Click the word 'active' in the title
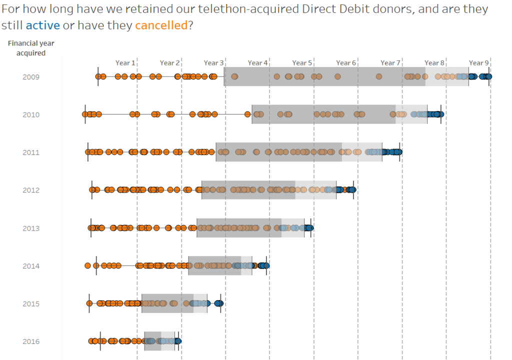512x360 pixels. coord(42,25)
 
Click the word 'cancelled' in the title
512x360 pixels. coord(160,25)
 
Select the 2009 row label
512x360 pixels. coord(31,77)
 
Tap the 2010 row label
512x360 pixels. coord(31,114)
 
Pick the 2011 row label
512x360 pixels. coord(31,152)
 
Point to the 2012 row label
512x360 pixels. coord(31,190)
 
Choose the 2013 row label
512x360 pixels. coord(31,228)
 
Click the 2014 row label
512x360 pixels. coord(31,266)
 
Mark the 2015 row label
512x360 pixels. coord(31,304)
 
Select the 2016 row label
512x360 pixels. coord(31,341)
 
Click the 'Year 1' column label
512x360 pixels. coord(125,63)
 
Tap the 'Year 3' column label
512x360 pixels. coord(213,63)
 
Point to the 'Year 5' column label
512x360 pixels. coord(302,63)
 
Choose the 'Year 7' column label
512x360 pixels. coord(390,63)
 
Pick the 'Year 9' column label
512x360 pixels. coord(478,63)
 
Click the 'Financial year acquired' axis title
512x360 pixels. coord(31,48)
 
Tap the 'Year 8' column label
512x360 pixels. coord(434,63)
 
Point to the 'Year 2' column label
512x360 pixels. coord(169,63)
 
